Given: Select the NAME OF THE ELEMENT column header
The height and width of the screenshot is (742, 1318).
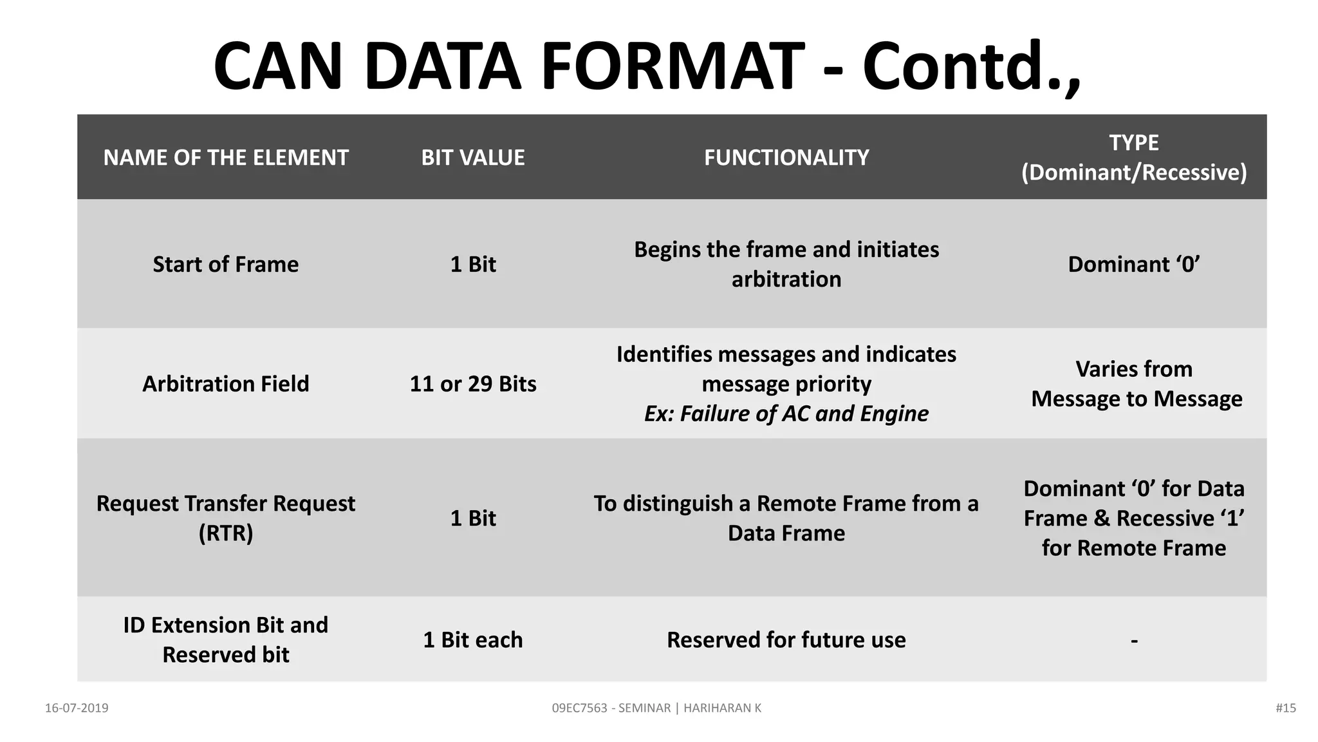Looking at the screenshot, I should point(226,158).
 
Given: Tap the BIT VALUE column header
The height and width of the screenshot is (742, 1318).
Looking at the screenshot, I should point(473,158).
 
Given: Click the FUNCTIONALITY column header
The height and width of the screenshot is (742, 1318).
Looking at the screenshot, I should point(786,158).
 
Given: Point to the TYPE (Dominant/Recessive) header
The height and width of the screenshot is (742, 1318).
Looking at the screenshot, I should point(1134,158).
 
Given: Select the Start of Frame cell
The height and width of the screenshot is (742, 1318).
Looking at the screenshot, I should point(226,265).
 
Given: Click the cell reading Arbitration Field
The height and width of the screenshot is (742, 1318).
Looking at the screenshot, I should point(226,384).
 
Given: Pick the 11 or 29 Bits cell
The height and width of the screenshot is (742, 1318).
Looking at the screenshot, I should point(473,384).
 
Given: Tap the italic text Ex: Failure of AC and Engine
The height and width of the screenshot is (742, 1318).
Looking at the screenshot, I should point(786,414).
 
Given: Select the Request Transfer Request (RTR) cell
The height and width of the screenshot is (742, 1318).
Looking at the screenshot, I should point(226,518).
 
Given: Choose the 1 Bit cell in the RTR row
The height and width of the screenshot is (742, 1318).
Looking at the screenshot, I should point(473,518).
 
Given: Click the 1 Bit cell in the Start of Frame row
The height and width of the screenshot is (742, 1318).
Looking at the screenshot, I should point(473,265).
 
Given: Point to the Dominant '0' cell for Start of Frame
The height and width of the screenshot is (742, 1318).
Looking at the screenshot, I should point(1134,265).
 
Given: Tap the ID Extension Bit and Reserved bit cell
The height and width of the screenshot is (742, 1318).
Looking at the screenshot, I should point(226,640).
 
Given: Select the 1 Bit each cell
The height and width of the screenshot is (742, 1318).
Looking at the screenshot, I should point(473,640).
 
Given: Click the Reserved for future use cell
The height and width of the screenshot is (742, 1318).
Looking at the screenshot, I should point(786,640).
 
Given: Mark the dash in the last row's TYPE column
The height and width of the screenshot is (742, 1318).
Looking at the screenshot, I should point(1134,640).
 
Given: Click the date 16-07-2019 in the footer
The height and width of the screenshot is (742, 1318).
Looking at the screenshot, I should point(77,708).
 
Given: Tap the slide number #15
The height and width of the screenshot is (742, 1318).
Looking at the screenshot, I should point(1285,708).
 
